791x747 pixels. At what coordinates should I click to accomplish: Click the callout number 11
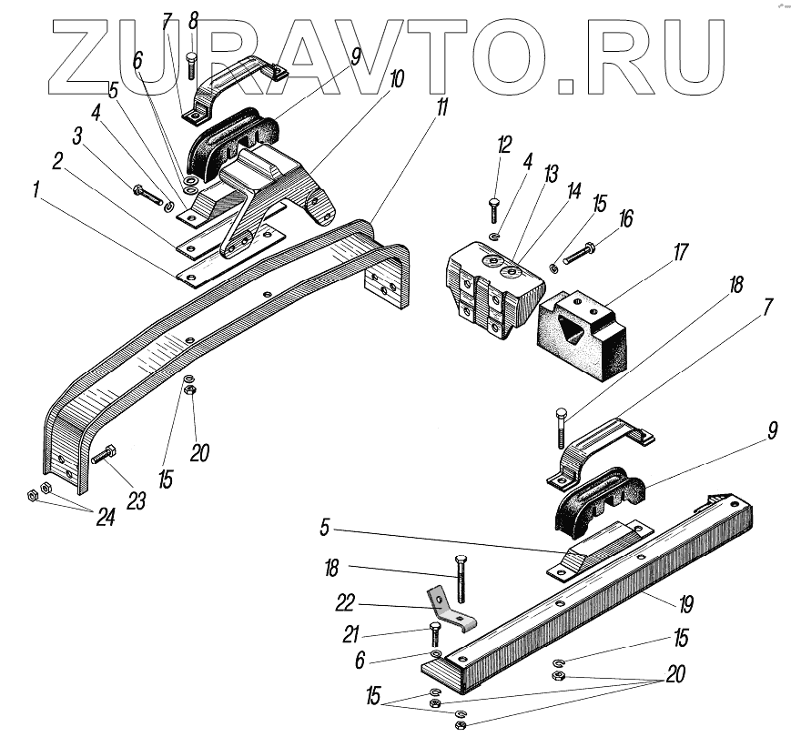pos(441,106)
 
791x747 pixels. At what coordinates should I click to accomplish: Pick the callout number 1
pos(35,191)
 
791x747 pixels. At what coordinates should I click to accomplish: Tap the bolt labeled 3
pos(148,193)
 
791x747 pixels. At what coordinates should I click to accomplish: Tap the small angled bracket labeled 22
pos(446,611)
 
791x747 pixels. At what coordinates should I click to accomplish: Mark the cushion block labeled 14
pos(492,291)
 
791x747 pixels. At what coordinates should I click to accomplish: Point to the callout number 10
pos(397,80)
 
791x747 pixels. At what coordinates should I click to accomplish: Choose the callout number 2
pos(57,161)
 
